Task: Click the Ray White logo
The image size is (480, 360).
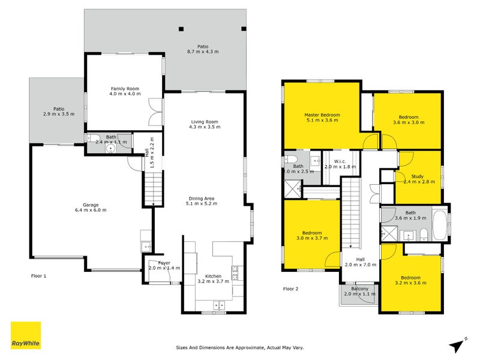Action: click(x=26, y=335)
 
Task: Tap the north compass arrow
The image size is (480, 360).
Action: click(x=459, y=344)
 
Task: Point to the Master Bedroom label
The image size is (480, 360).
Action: click(x=322, y=115)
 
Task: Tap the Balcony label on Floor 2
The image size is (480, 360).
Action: click(x=359, y=289)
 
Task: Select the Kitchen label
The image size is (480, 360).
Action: click(x=213, y=276)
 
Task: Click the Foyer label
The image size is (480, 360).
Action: click(x=164, y=263)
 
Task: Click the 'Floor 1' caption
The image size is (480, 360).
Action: click(x=38, y=276)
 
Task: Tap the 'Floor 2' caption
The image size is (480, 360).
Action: click(x=290, y=289)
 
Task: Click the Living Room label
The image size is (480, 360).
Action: click(x=204, y=122)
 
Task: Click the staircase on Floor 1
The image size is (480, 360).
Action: click(x=154, y=187)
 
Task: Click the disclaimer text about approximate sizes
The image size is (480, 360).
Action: click(x=239, y=347)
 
